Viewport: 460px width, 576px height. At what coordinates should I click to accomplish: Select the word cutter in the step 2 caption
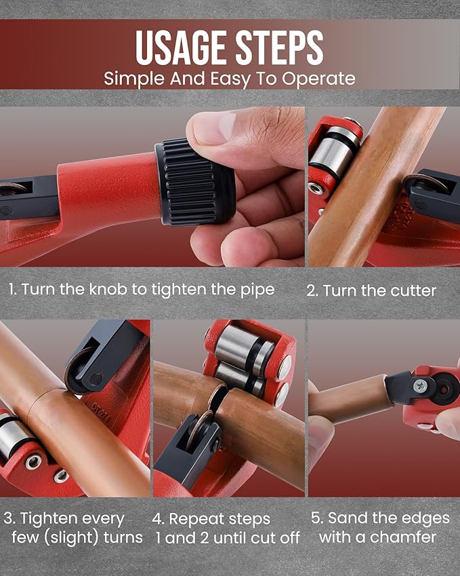click(414, 291)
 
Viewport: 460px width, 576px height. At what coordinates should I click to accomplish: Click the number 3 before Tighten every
click(9, 519)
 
